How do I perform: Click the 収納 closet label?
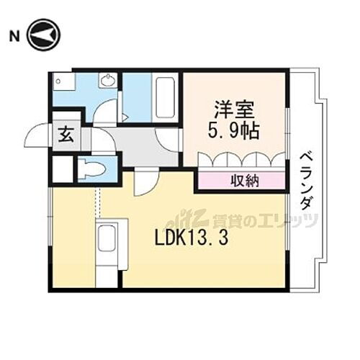pos(240,180)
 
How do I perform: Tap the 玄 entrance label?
pos(63,134)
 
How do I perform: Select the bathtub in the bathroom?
pos(163,96)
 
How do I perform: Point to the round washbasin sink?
pos(109,80)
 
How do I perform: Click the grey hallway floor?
pos(137,148)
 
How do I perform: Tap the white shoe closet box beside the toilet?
pos(63,171)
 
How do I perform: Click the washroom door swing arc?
pos(106,112)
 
